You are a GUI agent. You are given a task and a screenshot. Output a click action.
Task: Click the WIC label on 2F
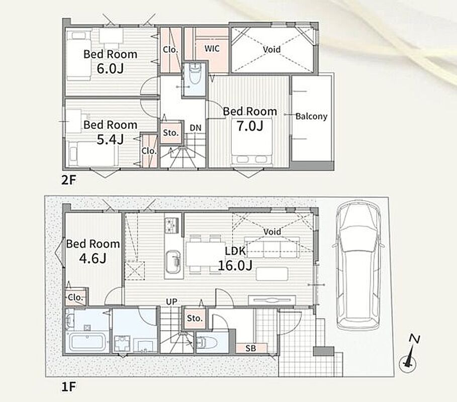click(212, 48)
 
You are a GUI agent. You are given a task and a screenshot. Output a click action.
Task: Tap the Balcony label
click(311, 116)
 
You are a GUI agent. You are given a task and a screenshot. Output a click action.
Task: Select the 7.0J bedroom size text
click(250, 126)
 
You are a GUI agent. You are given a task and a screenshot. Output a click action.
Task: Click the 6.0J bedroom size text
click(110, 68)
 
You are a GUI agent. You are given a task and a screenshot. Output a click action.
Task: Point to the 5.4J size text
click(110, 140)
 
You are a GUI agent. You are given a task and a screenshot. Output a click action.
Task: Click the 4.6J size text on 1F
click(93, 258)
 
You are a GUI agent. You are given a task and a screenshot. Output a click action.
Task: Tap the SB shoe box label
click(251, 348)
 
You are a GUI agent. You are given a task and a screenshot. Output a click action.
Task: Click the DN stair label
click(196, 128)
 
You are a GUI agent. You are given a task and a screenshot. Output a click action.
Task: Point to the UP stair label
click(171, 302)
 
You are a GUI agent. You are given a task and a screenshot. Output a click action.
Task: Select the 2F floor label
click(68, 180)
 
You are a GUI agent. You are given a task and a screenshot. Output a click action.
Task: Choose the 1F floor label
click(68, 387)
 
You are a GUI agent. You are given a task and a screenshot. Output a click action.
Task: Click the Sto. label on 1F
click(195, 318)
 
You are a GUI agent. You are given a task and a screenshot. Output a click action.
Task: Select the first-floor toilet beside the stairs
click(207, 343)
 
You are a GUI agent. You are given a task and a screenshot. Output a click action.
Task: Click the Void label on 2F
click(271, 49)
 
